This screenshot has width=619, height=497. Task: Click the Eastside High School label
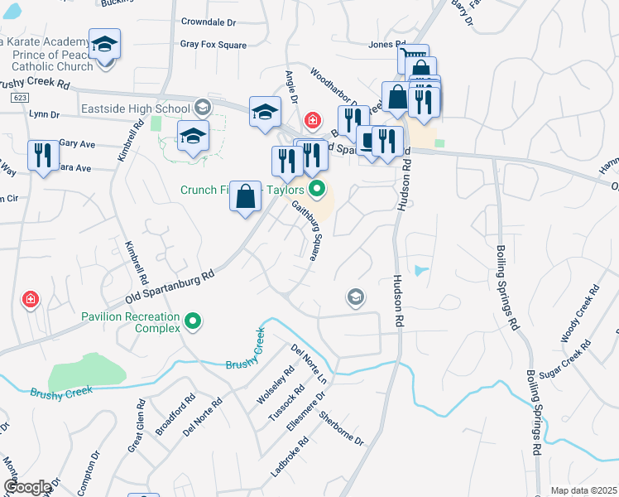coord(136,109)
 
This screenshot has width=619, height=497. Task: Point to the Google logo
coord(27,487)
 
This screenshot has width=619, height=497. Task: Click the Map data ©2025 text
coord(583,490)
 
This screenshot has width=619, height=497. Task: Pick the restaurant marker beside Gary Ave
coord(43,155)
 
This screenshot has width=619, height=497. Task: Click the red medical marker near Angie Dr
coord(312,122)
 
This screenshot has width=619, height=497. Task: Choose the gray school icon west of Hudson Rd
coord(356,297)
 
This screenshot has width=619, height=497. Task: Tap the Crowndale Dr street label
coord(209,22)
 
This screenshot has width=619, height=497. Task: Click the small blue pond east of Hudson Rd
coord(421,270)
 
